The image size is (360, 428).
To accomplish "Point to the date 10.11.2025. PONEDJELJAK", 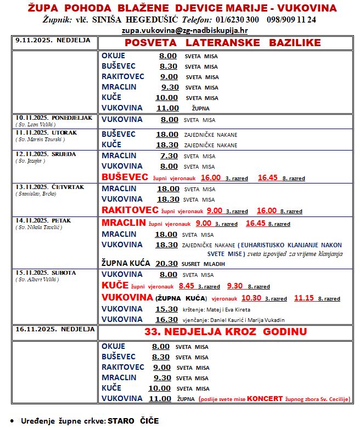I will tap(54, 118).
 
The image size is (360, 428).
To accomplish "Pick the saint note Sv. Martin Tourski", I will tap(40, 140).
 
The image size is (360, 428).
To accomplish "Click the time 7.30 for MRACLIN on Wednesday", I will tap(170, 155).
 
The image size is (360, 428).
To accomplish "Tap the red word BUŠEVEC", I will tap(125, 177).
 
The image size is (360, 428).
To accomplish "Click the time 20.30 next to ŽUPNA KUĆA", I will tap(166, 264).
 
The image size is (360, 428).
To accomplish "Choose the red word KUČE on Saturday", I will tap(115, 286).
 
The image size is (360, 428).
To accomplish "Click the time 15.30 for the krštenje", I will tap(167, 309).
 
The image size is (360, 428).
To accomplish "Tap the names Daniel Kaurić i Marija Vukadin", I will tap(251, 320).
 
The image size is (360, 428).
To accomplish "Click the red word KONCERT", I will tap(265, 399).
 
